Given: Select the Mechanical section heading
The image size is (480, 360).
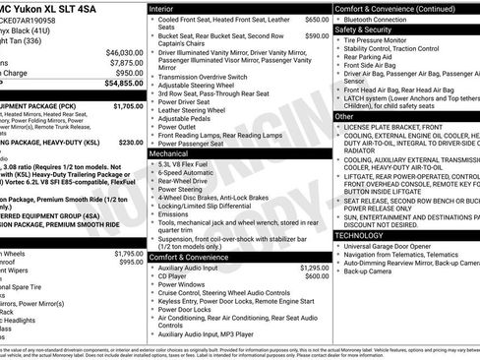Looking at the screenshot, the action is point(170,152).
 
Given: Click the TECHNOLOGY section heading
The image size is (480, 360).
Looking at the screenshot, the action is point(361,235).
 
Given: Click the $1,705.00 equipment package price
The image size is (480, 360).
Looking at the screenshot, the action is point(128,104).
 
